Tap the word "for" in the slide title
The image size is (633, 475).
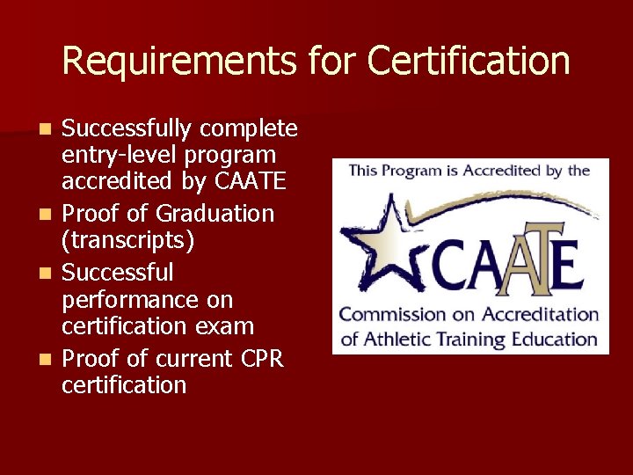click(x=334, y=61)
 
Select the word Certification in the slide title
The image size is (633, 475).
click(x=469, y=61)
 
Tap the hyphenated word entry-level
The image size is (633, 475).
click(x=120, y=155)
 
